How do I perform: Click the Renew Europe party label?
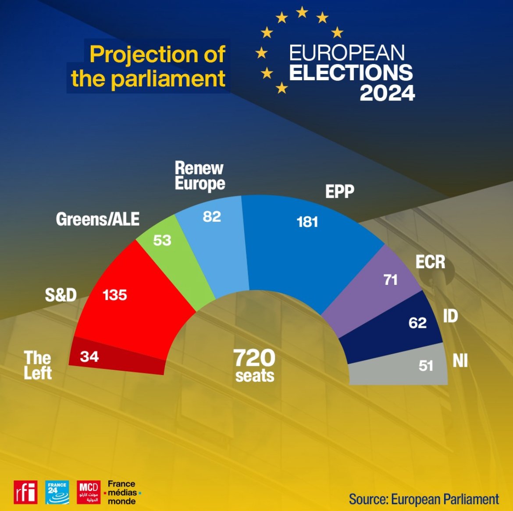199,176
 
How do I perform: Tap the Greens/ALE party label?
97,219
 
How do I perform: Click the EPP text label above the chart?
339,192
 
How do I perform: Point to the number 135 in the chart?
114,295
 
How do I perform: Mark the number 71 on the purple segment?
390,280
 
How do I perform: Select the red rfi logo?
25,492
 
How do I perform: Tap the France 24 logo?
57,492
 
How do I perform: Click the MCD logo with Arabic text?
89,492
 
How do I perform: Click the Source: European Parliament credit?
424,499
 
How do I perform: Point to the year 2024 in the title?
387,93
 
